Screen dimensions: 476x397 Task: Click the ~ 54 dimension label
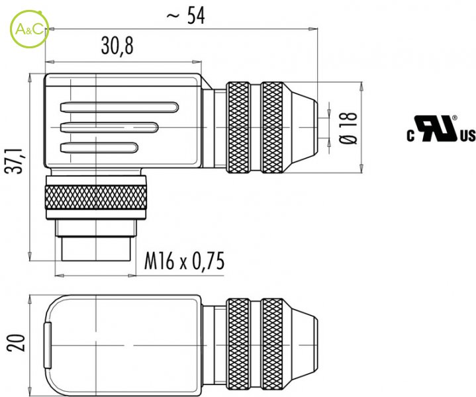[186, 15]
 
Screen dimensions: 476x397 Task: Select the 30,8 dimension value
[117, 46]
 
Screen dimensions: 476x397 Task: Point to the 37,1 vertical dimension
[15, 161]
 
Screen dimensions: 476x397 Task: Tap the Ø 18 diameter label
[348, 128]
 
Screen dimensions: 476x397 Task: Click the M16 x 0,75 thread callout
[184, 261]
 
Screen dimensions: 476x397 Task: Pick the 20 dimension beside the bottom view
[15, 343]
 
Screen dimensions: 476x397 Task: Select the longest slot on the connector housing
[119, 107]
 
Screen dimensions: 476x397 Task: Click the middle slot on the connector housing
[109, 128]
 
